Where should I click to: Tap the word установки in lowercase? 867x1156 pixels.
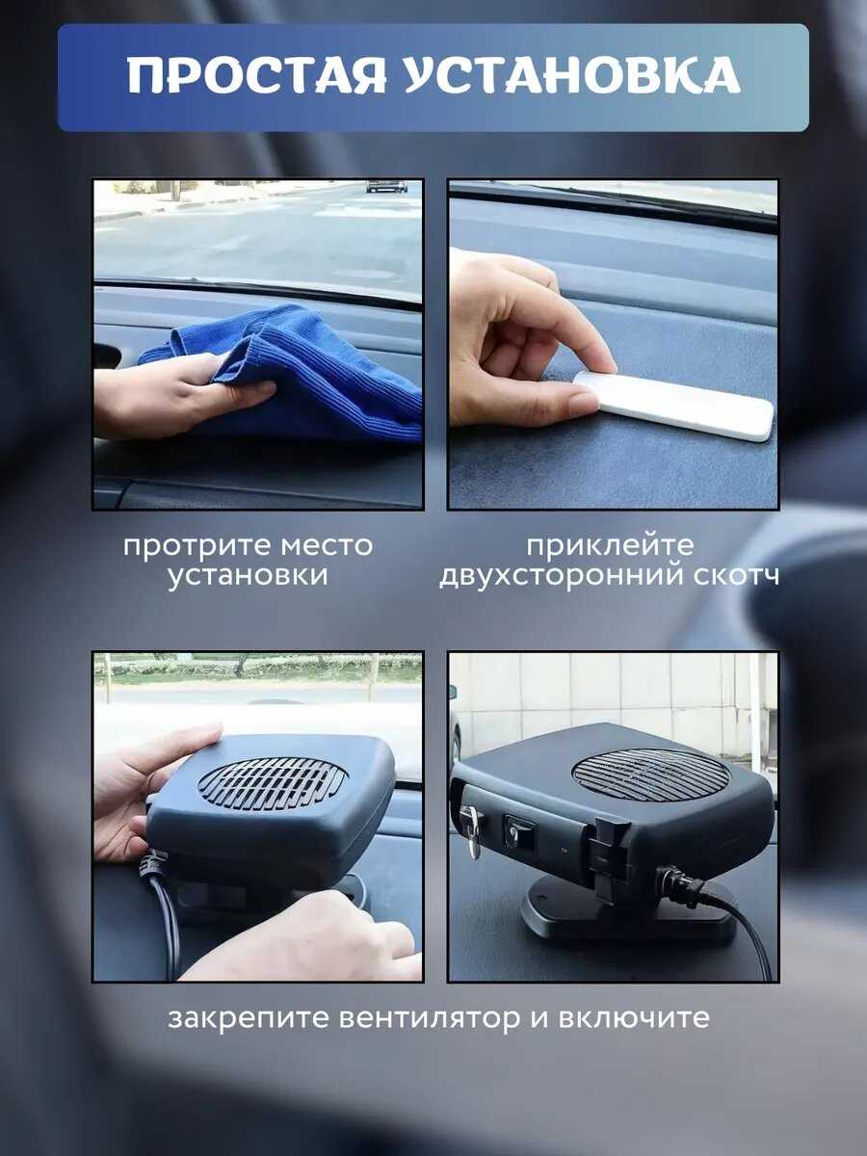tap(248, 576)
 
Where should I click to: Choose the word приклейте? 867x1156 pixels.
tap(610, 545)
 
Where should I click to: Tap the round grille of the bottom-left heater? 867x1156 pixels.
tap(273, 783)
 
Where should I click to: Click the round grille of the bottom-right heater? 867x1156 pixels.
tap(650, 775)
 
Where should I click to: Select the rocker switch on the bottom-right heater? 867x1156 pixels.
tap(516, 832)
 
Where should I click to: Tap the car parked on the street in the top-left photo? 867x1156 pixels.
tap(387, 186)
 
